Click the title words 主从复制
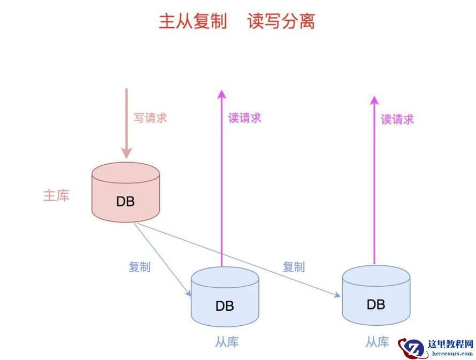click(193, 21)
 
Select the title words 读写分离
click(281, 21)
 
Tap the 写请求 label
click(150, 118)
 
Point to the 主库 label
click(56, 196)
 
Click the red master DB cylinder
click(126, 192)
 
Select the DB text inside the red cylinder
click(126, 202)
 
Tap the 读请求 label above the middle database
click(244, 118)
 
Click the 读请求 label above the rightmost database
click(397, 119)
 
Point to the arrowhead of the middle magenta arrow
click(221, 95)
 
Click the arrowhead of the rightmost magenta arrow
click(374, 100)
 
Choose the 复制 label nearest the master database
click(140, 266)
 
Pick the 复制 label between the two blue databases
click(294, 266)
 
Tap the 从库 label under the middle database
click(227, 342)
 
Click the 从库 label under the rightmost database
click(378, 342)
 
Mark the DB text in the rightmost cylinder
click(376, 304)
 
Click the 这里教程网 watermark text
click(450, 344)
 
